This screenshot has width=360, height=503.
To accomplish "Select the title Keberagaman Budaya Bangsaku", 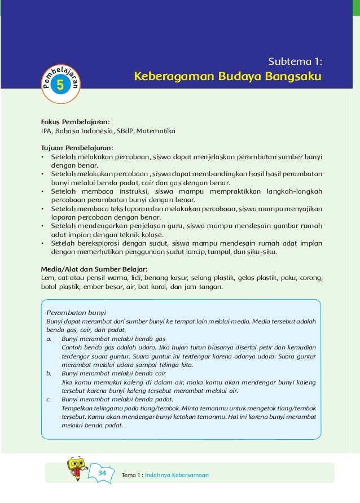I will pos(227,76).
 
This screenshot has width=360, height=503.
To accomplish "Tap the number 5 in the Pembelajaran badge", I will pos(60,85).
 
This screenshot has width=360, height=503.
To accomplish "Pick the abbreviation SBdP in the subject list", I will pos(124,131).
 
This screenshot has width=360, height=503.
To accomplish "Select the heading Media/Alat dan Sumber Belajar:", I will pos(94,269).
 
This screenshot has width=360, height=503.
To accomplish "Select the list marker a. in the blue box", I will pos(49,339).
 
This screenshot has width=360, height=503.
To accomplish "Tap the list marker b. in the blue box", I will pos(49,373).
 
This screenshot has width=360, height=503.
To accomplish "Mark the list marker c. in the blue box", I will pos(49,399).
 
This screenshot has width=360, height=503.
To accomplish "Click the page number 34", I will pos(102,473).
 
